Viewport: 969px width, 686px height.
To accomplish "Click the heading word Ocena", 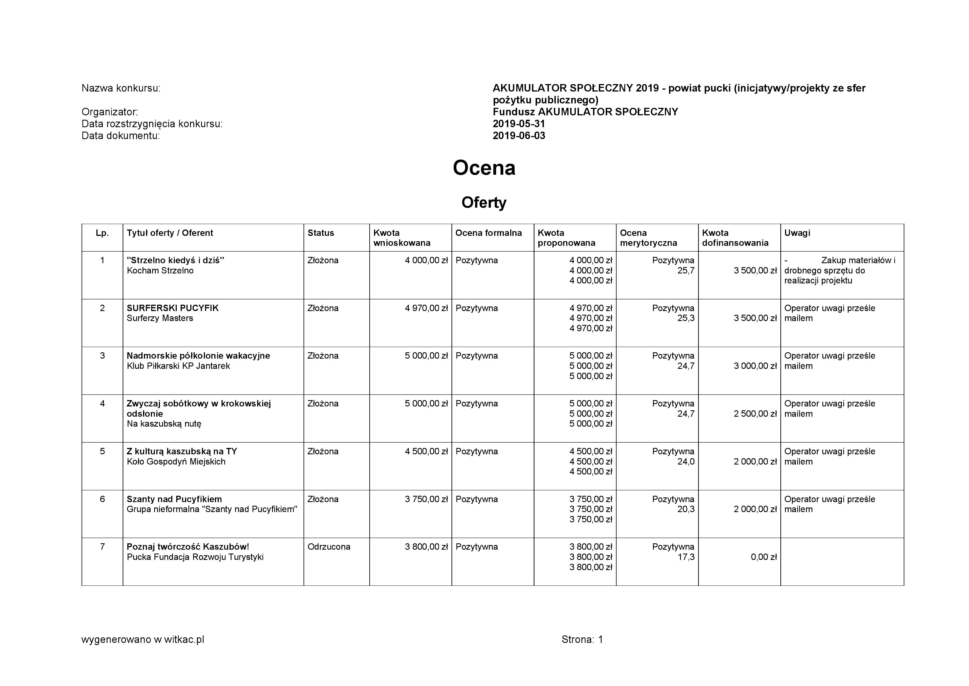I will coord(484,168).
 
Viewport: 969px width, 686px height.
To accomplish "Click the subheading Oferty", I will coord(484,203).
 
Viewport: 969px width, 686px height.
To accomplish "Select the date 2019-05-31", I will coord(519,124).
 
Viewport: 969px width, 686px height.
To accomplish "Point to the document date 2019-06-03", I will coord(519,135).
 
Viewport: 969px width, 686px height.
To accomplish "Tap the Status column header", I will coord(321,233).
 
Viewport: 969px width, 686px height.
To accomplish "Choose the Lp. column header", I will coord(102,233).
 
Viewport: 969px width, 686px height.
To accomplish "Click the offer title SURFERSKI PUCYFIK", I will coord(173,308).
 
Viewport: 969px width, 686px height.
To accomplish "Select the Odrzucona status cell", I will coord(329,547).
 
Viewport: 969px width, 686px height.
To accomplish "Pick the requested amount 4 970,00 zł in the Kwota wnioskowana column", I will coord(426,308).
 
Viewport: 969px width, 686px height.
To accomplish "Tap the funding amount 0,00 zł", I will coord(763,557).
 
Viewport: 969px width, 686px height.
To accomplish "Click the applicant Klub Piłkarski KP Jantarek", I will coord(178,366).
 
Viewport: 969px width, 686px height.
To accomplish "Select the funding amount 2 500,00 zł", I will coord(755,414).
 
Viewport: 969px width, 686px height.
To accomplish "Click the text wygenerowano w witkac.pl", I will coord(143,640).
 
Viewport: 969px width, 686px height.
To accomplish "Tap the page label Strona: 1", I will coord(582,640).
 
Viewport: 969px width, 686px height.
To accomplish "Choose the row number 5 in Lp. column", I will coord(102,451).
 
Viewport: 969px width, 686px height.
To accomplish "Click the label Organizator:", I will coord(110,112).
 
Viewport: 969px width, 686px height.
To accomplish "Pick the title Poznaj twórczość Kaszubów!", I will coord(188,547).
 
